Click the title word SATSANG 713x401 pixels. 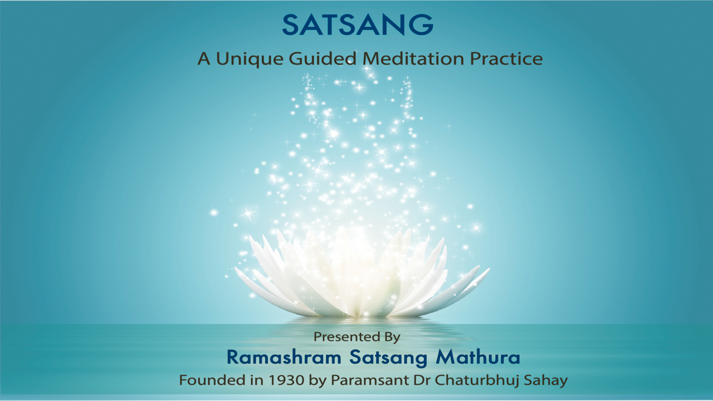coord(357,25)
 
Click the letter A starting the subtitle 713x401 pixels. coord(204,58)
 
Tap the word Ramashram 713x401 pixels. coord(277,358)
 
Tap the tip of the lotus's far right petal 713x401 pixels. coord(488,270)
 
